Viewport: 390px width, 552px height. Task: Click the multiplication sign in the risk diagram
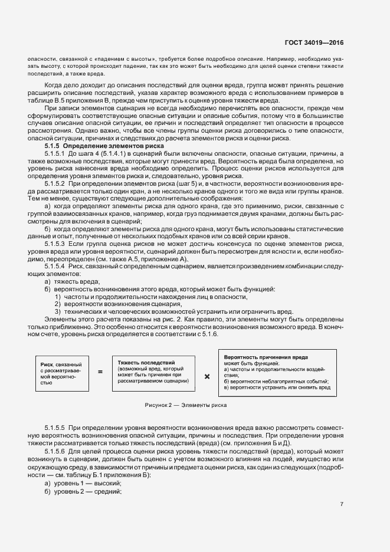point(207,375)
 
